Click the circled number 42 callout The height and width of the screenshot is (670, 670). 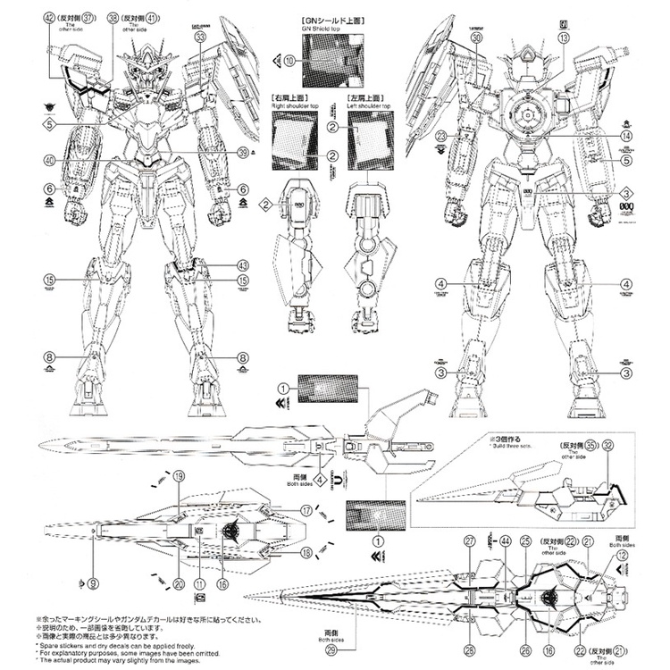pyautogui.click(x=48, y=17)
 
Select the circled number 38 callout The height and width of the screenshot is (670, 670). pyautogui.click(x=113, y=17)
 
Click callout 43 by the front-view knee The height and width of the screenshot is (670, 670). pyautogui.click(x=242, y=265)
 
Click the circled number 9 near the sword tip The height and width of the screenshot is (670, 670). pyautogui.click(x=92, y=585)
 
